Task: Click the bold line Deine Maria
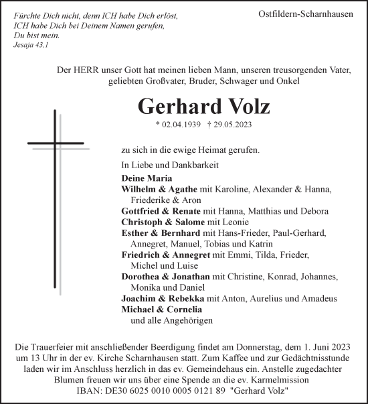[147, 179]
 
